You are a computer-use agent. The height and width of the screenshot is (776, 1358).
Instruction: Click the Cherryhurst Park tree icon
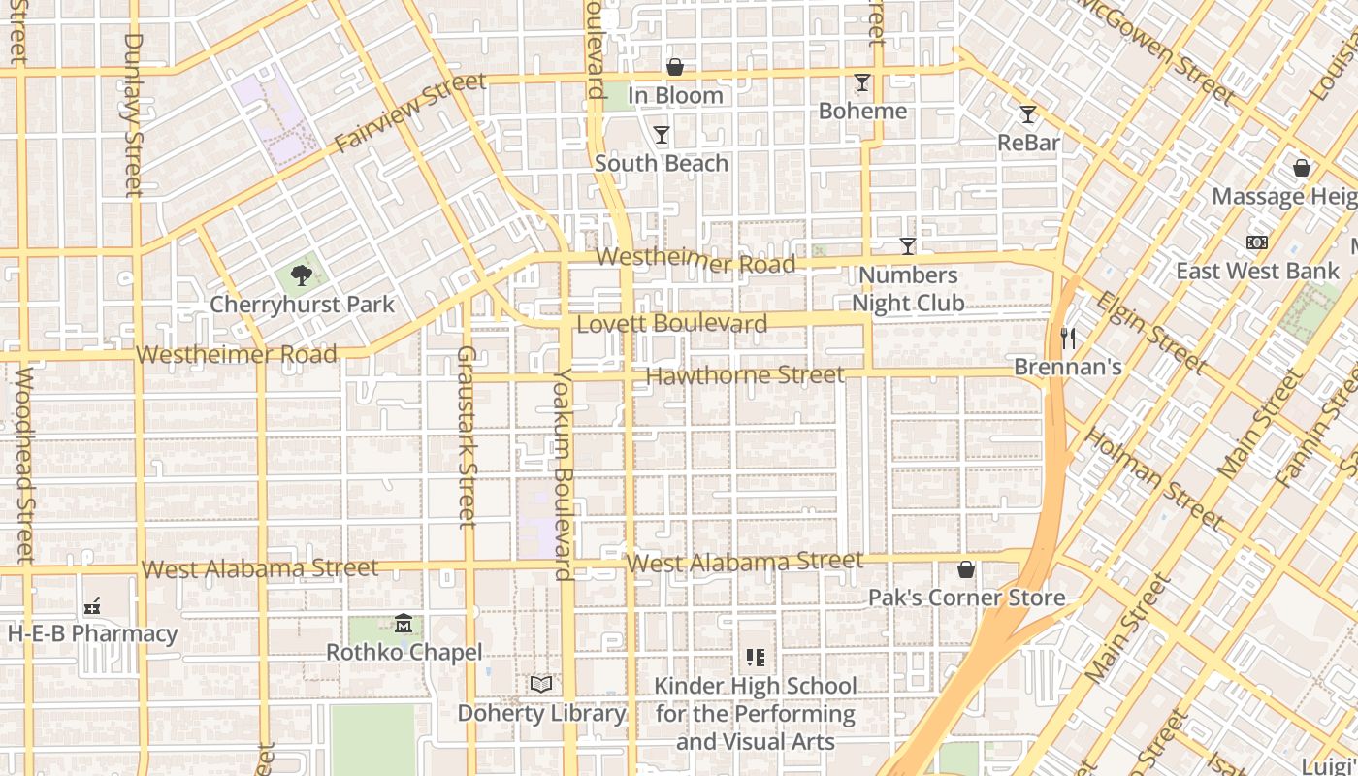point(302,275)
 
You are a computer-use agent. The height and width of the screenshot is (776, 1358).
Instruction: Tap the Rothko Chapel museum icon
point(404,623)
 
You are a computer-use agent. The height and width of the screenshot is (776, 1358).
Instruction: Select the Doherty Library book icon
point(541,684)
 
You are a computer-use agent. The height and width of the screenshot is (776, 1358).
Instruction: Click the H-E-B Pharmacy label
point(93,634)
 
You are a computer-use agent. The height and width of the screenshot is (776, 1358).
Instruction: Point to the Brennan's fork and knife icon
point(1068,338)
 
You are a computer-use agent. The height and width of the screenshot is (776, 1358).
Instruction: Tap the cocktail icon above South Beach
point(662,134)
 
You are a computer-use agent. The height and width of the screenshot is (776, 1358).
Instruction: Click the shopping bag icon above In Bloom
point(675,66)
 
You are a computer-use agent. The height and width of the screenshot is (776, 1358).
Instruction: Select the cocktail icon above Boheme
point(861,81)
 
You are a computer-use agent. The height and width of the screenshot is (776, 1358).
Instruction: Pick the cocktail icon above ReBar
point(1028,113)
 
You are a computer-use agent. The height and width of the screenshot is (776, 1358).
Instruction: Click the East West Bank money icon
point(1257,242)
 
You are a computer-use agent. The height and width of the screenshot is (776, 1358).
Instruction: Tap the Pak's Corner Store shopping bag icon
point(966,568)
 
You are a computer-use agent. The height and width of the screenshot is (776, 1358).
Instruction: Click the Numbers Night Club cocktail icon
point(908,245)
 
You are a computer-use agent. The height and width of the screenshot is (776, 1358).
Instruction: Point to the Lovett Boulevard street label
point(672,323)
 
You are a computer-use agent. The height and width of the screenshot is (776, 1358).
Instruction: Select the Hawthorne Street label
point(745,374)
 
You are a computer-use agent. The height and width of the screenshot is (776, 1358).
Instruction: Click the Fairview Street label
point(409,113)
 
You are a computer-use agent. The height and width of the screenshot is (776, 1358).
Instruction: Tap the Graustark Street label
point(468,436)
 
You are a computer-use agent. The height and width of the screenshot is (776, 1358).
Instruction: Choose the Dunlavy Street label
point(134,114)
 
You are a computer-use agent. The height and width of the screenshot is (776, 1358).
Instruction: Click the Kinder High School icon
point(756,658)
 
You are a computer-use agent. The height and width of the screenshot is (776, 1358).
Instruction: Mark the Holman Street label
point(1154,478)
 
